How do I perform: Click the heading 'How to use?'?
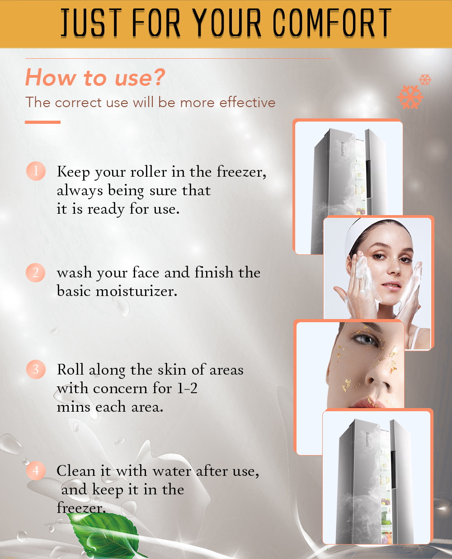click(95, 77)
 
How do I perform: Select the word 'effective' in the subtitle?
click(247, 103)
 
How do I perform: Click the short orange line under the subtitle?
click(42, 122)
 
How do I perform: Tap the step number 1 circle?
click(36, 171)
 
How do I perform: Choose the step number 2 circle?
click(36, 272)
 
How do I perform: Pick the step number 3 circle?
click(36, 369)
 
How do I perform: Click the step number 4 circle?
click(36, 470)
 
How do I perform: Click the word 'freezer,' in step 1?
click(241, 172)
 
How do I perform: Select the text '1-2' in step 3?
click(187, 388)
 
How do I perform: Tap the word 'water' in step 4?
click(172, 471)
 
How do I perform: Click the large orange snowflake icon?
click(410, 97)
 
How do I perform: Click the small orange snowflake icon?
click(425, 80)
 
